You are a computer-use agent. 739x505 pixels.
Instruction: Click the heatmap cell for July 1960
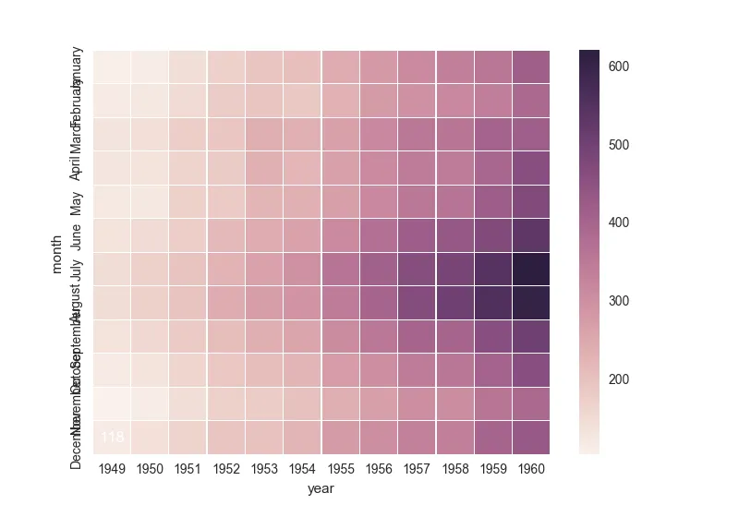530,269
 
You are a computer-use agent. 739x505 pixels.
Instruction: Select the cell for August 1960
530,302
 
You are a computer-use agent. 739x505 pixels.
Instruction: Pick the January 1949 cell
112,66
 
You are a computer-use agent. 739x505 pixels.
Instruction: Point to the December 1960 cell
530,437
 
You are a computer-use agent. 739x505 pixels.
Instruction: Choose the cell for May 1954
302,201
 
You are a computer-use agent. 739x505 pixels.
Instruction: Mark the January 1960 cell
530,66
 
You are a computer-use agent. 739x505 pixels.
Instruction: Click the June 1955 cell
340,234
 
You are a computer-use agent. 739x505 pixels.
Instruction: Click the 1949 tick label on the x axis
112,469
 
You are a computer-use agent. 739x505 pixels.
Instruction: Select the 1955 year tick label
340,469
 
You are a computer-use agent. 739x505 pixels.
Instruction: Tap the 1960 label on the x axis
530,469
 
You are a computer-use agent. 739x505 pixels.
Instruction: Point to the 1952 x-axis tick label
226,469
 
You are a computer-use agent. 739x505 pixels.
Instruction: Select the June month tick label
77,235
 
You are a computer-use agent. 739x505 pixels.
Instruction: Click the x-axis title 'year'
321,489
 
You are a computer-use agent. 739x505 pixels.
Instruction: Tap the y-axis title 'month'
57,252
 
